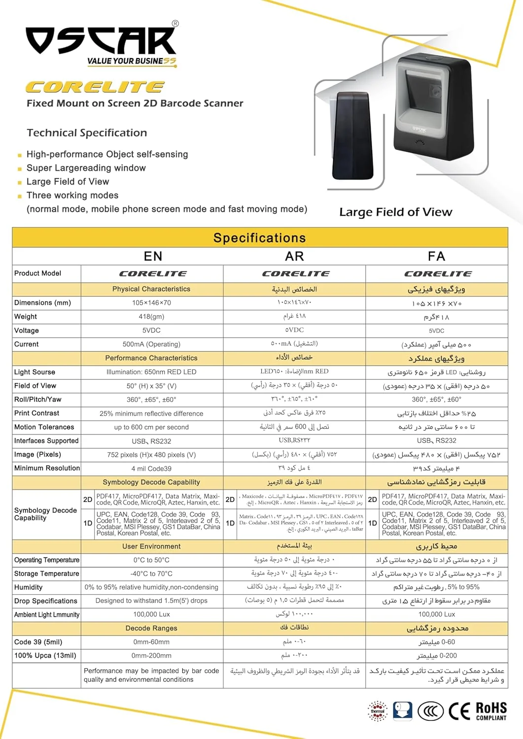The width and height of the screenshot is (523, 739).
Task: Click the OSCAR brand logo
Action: [102, 42]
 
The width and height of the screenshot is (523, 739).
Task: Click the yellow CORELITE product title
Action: [95, 87]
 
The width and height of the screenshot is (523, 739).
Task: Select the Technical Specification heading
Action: [87, 133]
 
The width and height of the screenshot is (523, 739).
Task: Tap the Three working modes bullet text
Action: [72, 195]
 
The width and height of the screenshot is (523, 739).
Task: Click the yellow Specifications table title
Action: [260, 238]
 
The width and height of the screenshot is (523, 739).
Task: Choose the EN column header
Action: [153, 256]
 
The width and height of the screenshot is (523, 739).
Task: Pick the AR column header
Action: [294, 256]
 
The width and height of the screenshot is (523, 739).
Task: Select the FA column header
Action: [437, 256]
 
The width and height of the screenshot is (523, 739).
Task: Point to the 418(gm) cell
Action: [151, 316]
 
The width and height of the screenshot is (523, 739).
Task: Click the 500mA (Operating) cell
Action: [151, 344]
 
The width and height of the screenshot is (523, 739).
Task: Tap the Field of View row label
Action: [35, 386]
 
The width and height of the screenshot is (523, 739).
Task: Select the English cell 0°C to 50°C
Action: [151, 560]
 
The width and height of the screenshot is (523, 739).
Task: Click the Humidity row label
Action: [28, 587]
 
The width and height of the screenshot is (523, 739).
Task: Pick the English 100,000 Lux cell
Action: [151, 614]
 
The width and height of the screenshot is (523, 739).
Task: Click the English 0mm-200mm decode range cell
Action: [151, 655]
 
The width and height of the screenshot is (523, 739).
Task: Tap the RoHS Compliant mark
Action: [491, 711]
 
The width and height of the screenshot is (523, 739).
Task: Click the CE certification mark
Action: [459, 711]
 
